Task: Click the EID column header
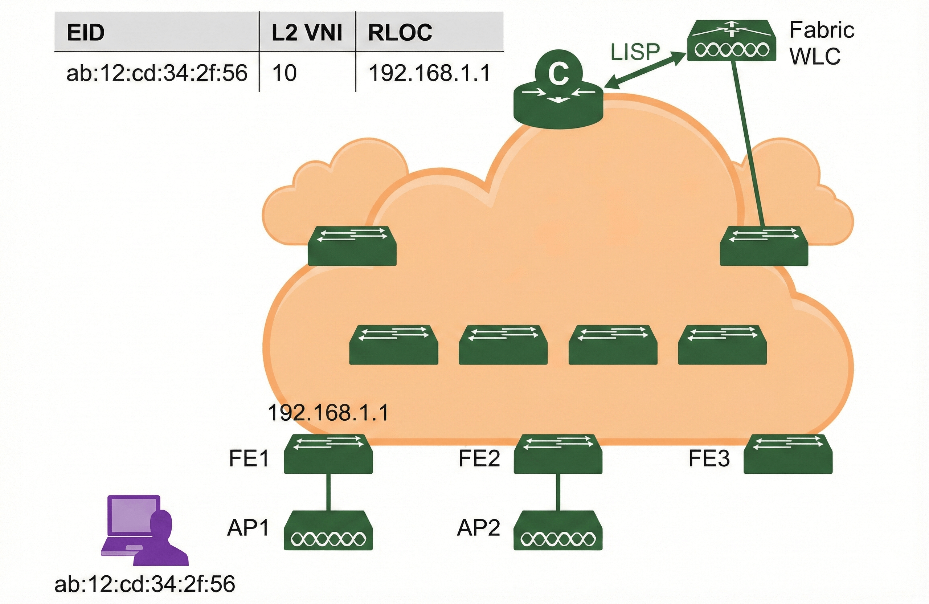coord(86,32)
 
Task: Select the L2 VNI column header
coord(307,32)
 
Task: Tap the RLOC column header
coord(400,32)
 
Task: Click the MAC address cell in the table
coord(157,73)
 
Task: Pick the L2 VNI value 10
coord(285,73)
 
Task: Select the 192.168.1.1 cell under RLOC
coord(429,73)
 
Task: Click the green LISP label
coord(635,52)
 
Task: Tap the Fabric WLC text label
coord(821,43)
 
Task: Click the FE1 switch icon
coord(328,454)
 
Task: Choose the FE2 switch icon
coord(558,454)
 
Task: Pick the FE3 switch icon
coord(788,454)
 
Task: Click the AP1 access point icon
coord(328,530)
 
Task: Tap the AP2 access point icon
coord(558,530)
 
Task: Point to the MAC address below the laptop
coord(145,584)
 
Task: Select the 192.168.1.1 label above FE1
coord(328,413)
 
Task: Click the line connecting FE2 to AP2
coord(558,492)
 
